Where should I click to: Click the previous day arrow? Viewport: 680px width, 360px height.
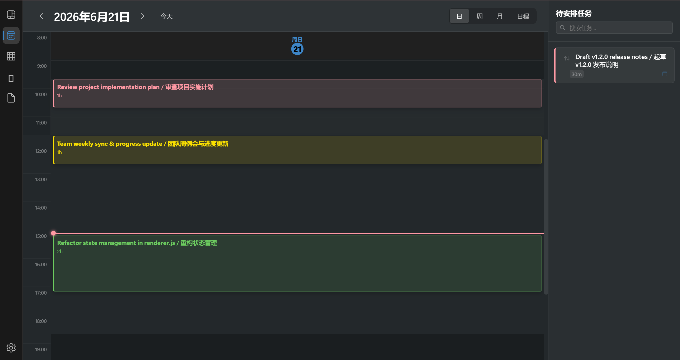click(x=41, y=16)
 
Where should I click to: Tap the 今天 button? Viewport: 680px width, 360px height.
click(x=166, y=16)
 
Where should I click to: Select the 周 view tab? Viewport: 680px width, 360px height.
click(x=479, y=16)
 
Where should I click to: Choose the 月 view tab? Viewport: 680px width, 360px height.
click(x=500, y=16)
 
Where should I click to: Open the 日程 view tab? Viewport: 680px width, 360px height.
click(x=523, y=16)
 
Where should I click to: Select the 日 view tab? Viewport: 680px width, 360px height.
click(x=459, y=16)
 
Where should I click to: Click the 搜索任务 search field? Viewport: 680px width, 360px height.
click(x=614, y=28)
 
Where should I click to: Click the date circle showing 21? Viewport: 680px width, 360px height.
click(x=297, y=49)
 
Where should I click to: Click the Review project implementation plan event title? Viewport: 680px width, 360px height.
click(x=135, y=87)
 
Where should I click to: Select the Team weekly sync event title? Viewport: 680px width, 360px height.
click(x=143, y=144)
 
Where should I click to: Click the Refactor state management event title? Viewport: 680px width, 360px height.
click(x=137, y=243)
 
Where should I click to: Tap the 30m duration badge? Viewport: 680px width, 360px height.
click(x=577, y=74)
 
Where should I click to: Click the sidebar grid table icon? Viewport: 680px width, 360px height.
click(x=11, y=56)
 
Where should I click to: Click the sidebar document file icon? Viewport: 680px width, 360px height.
click(x=11, y=98)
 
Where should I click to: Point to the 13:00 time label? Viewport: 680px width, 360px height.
click(x=41, y=180)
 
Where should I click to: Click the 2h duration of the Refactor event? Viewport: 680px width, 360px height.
click(x=60, y=252)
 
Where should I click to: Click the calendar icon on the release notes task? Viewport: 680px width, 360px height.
click(x=665, y=74)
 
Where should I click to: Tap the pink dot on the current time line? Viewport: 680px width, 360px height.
click(x=53, y=233)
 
